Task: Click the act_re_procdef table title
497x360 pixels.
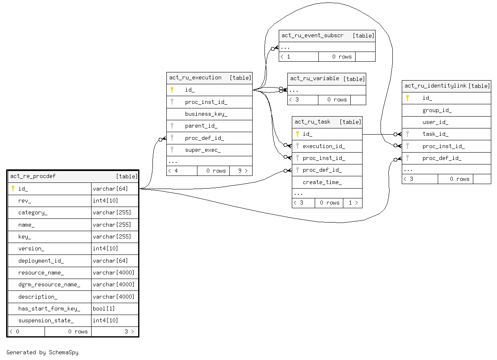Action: pyautogui.click(x=33, y=176)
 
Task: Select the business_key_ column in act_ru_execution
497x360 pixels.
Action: pyautogui.click(x=206, y=114)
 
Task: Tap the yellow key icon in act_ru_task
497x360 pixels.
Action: pyautogui.click(x=298, y=134)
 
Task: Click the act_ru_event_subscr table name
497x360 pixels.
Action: pyautogui.click(x=312, y=36)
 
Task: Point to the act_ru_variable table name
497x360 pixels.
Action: pyautogui.click(x=314, y=79)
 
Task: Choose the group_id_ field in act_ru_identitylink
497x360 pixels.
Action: pyautogui.click(x=437, y=110)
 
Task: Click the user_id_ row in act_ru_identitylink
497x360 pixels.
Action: pyautogui.click(x=435, y=122)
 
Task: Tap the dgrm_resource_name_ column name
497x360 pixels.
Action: pyautogui.click(x=49, y=285)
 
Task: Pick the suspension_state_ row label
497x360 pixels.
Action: pyautogui.click(x=46, y=321)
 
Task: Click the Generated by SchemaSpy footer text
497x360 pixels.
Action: pyautogui.click(x=43, y=352)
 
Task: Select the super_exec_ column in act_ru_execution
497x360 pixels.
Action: pyautogui.click(x=203, y=150)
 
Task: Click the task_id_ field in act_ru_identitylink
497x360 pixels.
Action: pyautogui.click(x=435, y=134)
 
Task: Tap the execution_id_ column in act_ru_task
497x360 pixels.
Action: pyautogui.click(x=324, y=146)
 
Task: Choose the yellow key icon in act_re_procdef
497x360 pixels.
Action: pyautogui.click(x=13, y=189)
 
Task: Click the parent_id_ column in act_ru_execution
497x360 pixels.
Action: pyautogui.click(x=201, y=126)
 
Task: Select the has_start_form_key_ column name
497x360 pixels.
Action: pyautogui.click(x=49, y=309)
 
